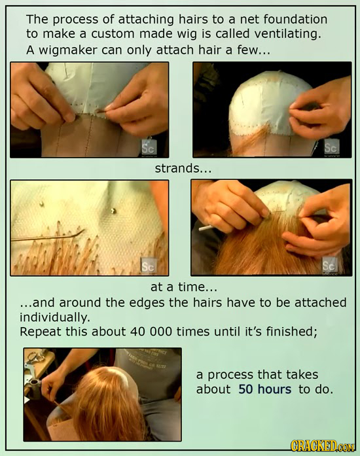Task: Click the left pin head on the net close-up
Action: click(x=41, y=203)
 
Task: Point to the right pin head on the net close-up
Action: click(x=113, y=211)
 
